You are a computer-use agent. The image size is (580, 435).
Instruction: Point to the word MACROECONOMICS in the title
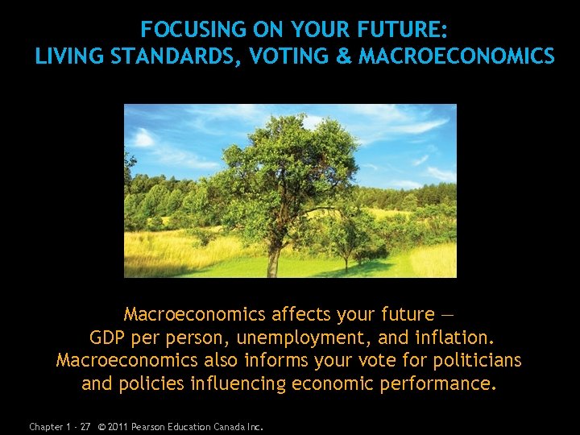(456, 56)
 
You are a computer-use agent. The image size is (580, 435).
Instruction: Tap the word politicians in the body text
(475, 360)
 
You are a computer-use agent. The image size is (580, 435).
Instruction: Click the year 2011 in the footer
(118, 426)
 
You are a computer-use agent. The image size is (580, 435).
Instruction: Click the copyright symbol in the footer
(100, 426)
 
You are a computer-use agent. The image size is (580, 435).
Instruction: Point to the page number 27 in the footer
(85, 426)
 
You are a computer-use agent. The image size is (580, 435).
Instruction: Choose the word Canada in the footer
(231, 426)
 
